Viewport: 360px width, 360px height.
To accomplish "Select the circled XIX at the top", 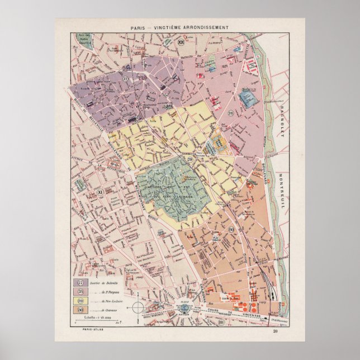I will [180, 41].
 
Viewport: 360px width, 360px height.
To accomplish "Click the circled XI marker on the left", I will [100, 192].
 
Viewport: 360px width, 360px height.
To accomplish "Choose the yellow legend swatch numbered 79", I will [81, 301].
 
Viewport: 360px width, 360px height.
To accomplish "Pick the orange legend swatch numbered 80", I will [81, 310].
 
